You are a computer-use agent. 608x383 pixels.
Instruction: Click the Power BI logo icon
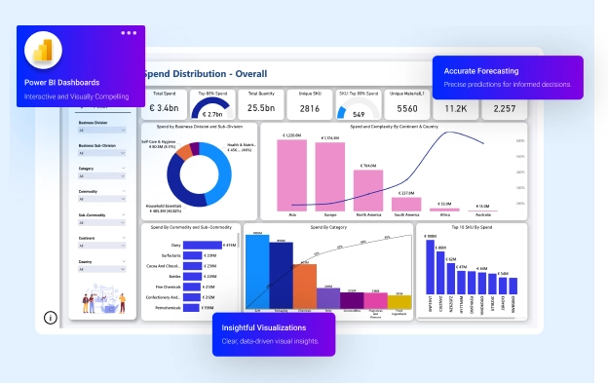click(41, 53)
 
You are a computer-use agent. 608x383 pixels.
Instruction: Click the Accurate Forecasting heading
click(480, 71)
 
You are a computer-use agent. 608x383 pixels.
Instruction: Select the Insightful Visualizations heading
click(263, 327)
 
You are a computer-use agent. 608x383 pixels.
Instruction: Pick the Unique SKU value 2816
click(309, 109)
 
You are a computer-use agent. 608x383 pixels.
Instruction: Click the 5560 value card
click(407, 109)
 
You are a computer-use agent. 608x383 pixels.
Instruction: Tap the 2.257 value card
click(505, 109)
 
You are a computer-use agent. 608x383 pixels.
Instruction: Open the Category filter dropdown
click(101, 177)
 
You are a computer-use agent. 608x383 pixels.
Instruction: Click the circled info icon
click(51, 317)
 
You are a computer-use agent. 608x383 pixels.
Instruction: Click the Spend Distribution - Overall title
click(206, 74)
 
